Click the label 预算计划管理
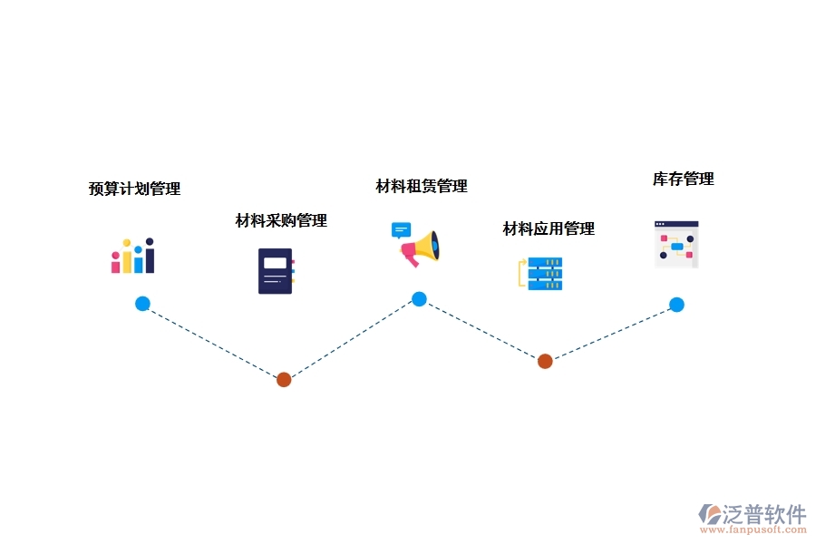pyautogui.click(x=134, y=189)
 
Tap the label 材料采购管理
pyautogui.click(x=281, y=220)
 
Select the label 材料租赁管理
pyautogui.click(x=422, y=186)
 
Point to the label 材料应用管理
pyautogui.click(x=549, y=228)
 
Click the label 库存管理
pyautogui.click(x=684, y=179)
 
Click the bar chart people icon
pyautogui.click(x=132, y=256)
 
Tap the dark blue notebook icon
pyautogui.click(x=276, y=270)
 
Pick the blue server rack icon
pyautogui.click(x=545, y=274)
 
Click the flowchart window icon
pyautogui.click(x=676, y=244)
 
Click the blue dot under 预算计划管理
pyautogui.click(x=142, y=304)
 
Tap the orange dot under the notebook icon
pyautogui.click(x=284, y=380)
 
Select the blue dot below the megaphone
pyautogui.click(x=419, y=299)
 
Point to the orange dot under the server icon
pyautogui.click(x=545, y=361)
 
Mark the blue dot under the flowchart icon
pyautogui.click(x=676, y=305)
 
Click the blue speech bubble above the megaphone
pyautogui.click(x=401, y=229)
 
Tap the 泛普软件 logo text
pyautogui.click(x=763, y=514)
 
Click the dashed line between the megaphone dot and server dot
pyautogui.click(x=481, y=330)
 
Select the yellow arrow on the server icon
pyautogui.click(x=521, y=273)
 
